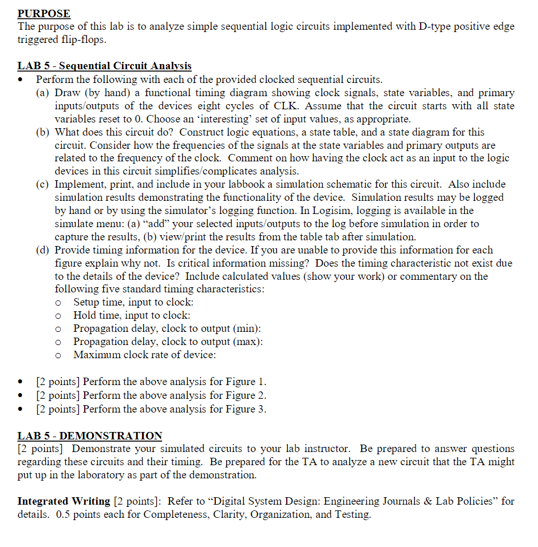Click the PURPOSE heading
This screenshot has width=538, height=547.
point(44,13)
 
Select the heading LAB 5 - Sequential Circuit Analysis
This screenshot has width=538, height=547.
point(105,66)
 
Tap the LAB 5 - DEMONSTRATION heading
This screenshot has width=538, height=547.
point(90,435)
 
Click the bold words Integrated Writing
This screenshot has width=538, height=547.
point(64,501)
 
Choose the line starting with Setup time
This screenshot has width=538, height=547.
point(133,302)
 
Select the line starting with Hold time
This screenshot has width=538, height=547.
point(132,315)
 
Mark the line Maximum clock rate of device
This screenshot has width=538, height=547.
point(144,355)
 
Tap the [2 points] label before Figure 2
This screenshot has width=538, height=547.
point(58,395)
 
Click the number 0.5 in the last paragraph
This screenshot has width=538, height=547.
point(64,514)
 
